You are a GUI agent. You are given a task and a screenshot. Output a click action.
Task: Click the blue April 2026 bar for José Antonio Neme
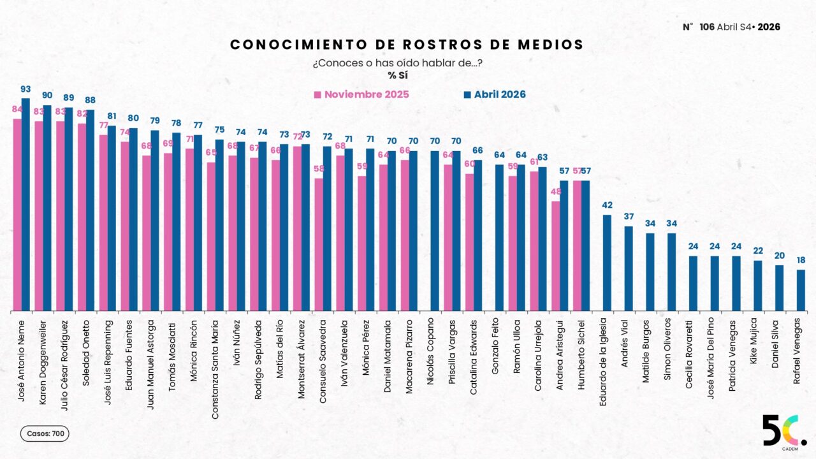pyautogui.click(x=25, y=204)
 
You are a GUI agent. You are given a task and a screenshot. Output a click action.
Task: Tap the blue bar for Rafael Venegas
pyautogui.click(x=801, y=290)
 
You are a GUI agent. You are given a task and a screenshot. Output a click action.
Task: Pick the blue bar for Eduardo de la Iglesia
pyautogui.click(x=607, y=263)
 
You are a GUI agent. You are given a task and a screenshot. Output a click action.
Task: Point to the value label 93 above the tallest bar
pyautogui.click(x=25, y=89)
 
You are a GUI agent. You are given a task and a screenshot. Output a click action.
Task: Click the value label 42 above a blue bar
pyautogui.click(x=607, y=205)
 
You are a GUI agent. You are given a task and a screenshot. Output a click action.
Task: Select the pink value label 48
pyautogui.click(x=555, y=192)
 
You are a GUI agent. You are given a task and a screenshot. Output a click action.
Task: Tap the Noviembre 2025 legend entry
pyautogui.click(x=361, y=95)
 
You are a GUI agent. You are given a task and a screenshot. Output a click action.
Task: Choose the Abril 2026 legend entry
pyautogui.click(x=495, y=95)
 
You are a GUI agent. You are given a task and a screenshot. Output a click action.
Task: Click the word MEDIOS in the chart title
pyautogui.click(x=553, y=45)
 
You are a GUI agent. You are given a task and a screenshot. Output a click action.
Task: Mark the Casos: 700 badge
pyautogui.click(x=45, y=433)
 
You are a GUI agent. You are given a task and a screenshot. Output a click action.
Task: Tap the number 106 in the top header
pyautogui.click(x=706, y=27)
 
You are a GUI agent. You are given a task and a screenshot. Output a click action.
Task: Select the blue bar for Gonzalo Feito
pyautogui.click(x=499, y=238)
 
